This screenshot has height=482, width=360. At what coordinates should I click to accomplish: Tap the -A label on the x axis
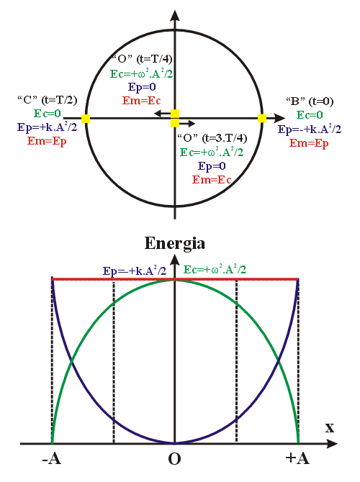coord(51,459)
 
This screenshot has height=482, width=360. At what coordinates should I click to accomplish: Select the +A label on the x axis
coord(297,458)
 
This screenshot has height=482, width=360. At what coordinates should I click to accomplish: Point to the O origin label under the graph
coord(174,459)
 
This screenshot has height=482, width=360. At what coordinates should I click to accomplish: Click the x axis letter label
coord(330,427)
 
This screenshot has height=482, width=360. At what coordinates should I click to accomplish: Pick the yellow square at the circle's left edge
coord(86,119)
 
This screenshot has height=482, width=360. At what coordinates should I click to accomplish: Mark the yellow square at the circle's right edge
coord(262,118)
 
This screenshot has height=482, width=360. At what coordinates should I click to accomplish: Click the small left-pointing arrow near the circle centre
coord(162,114)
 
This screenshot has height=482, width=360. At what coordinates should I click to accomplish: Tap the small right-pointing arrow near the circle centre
coord(187,124)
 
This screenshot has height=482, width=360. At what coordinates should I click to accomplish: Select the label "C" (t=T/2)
coord(47,100)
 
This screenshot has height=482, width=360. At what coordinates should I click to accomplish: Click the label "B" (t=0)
coord(310,101)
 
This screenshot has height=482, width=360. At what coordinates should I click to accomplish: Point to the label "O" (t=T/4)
coord(142,58)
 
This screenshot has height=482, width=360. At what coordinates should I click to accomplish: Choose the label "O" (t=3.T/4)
coord(212,138)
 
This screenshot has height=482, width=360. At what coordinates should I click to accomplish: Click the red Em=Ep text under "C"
coord(47,141)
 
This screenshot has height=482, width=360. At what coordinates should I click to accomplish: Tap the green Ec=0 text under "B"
coord(310,115)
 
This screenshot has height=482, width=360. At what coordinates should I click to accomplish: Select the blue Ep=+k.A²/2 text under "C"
coord(47,127)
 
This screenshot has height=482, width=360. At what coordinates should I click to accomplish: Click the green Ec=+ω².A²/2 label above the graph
coord(215,270)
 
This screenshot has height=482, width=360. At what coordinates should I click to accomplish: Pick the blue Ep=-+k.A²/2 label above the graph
coord(135,270)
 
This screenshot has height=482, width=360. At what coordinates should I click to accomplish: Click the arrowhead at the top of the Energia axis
coord(175,260)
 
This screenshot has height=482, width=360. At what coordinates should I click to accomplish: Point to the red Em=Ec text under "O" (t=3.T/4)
coord(212,180)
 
